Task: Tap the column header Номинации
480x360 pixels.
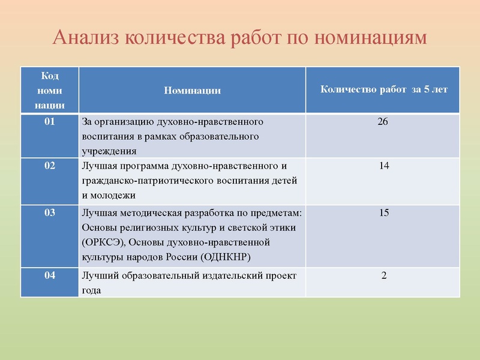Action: [192, 91]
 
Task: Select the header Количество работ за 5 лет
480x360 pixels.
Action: [384, 90]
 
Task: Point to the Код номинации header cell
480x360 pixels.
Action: [50, 90]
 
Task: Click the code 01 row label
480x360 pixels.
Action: [50, 122]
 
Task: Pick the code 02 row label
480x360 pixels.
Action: [50, 166]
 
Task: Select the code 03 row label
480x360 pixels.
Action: [50, 213]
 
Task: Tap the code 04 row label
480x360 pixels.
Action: [50, 275]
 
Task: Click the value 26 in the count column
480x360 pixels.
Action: [383, 122]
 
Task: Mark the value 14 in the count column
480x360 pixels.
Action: [384, 166]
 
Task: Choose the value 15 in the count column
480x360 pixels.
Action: [384, 213]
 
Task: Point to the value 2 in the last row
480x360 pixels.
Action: [384, 275]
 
